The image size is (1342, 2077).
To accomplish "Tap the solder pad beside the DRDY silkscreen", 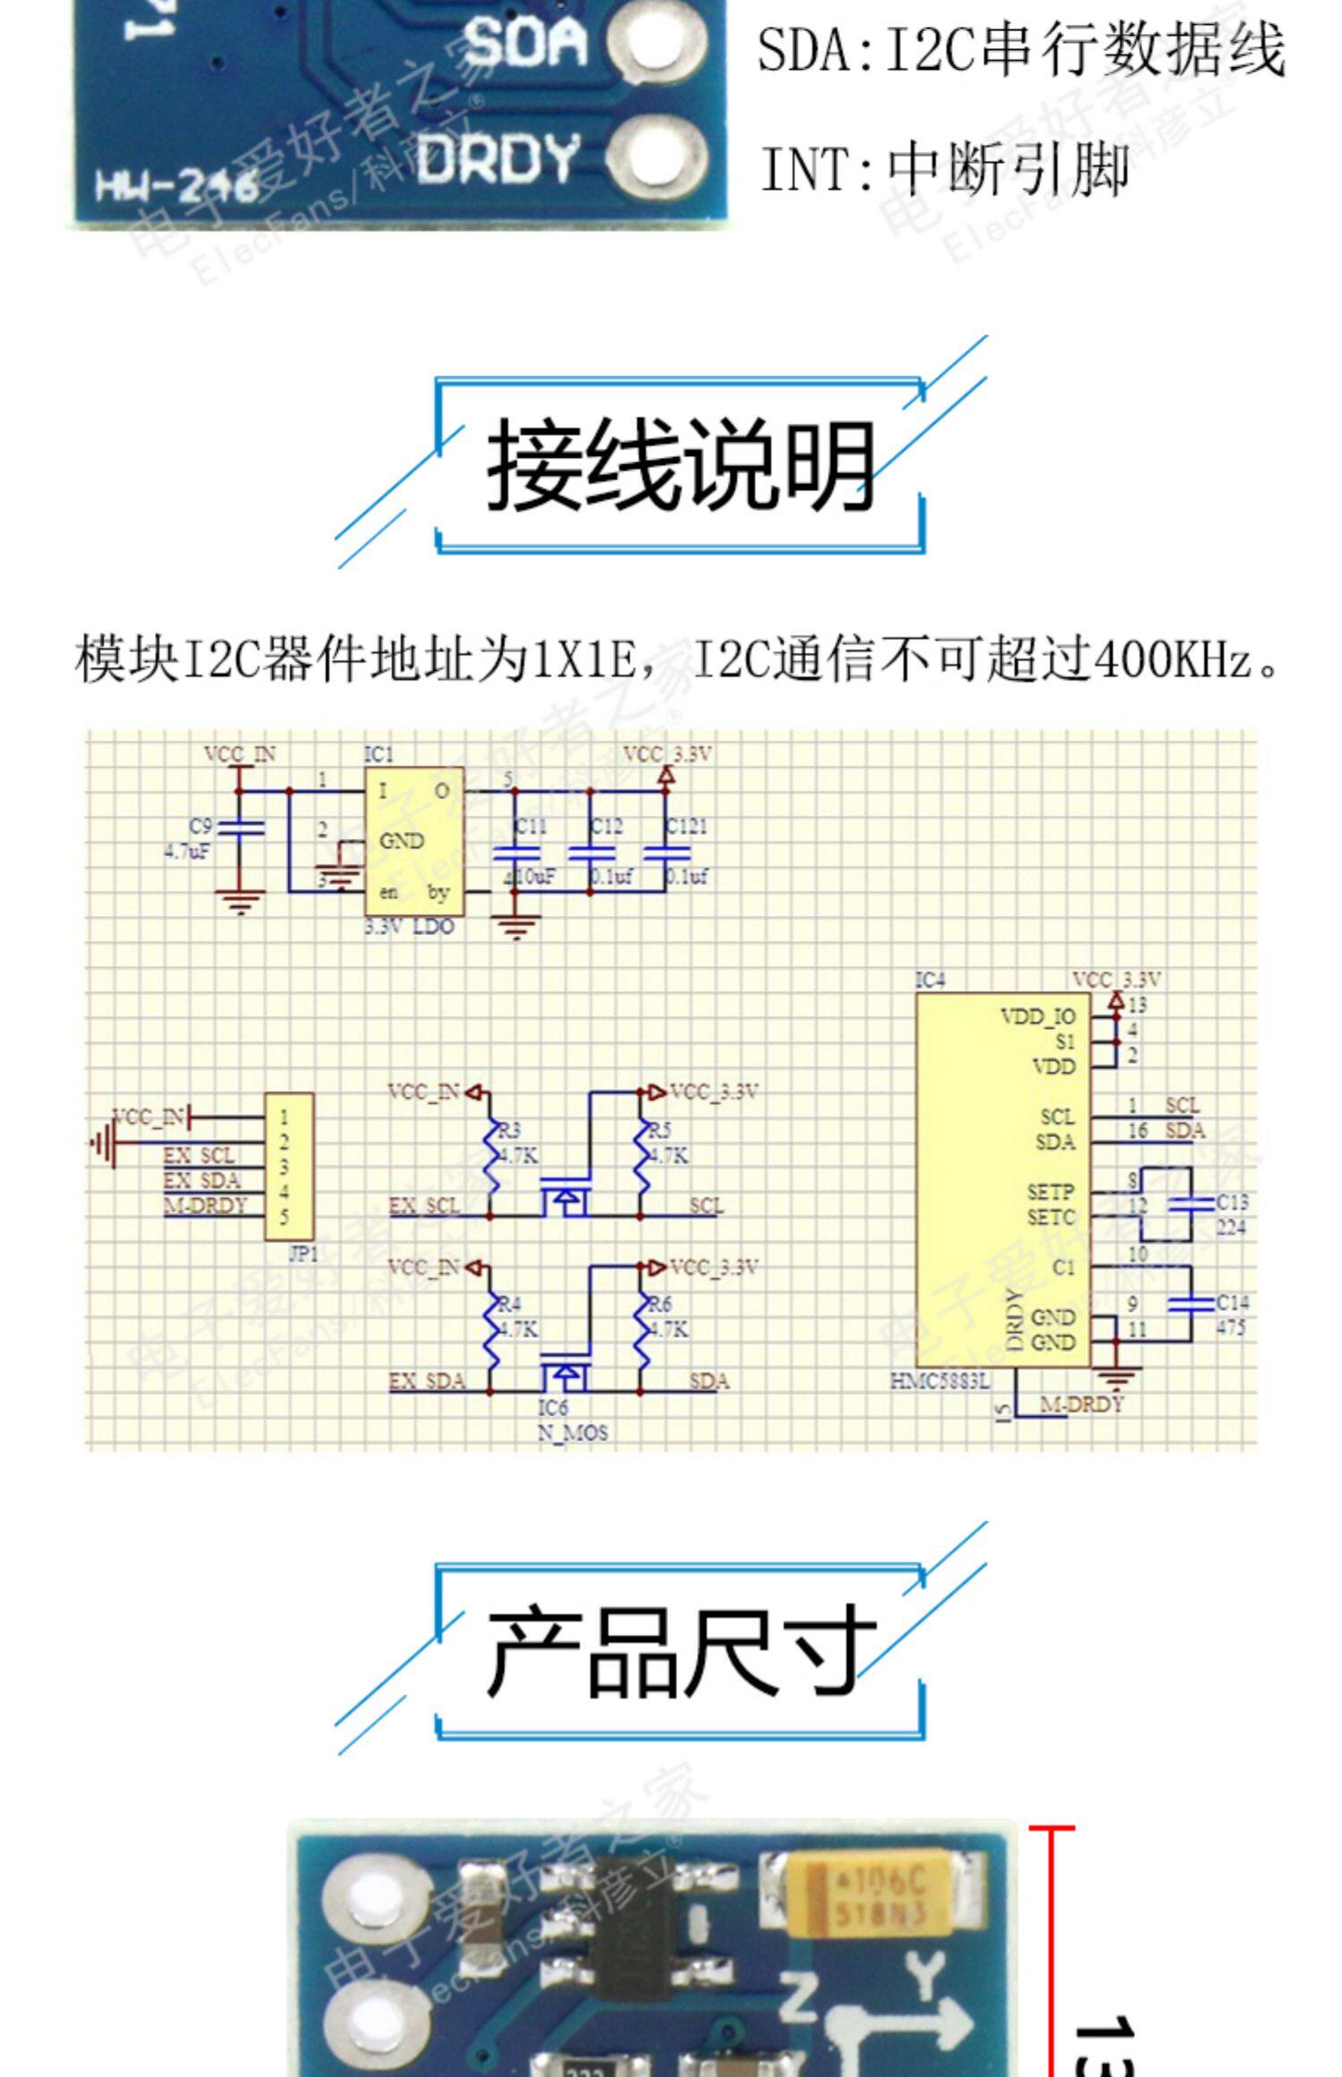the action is click(659, 158).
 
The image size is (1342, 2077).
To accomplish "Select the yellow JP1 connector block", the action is click(289, 1166).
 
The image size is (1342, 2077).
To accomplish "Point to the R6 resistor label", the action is click(659, 1305).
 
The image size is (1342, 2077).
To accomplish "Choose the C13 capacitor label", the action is click(1232, 1202).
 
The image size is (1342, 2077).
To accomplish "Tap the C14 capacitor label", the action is click(1232, 1302).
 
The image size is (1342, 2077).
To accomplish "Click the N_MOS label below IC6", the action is click(573, 1432).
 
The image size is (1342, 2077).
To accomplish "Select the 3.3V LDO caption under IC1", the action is click(409, 927).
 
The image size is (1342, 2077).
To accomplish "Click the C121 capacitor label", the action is click(687, 826).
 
